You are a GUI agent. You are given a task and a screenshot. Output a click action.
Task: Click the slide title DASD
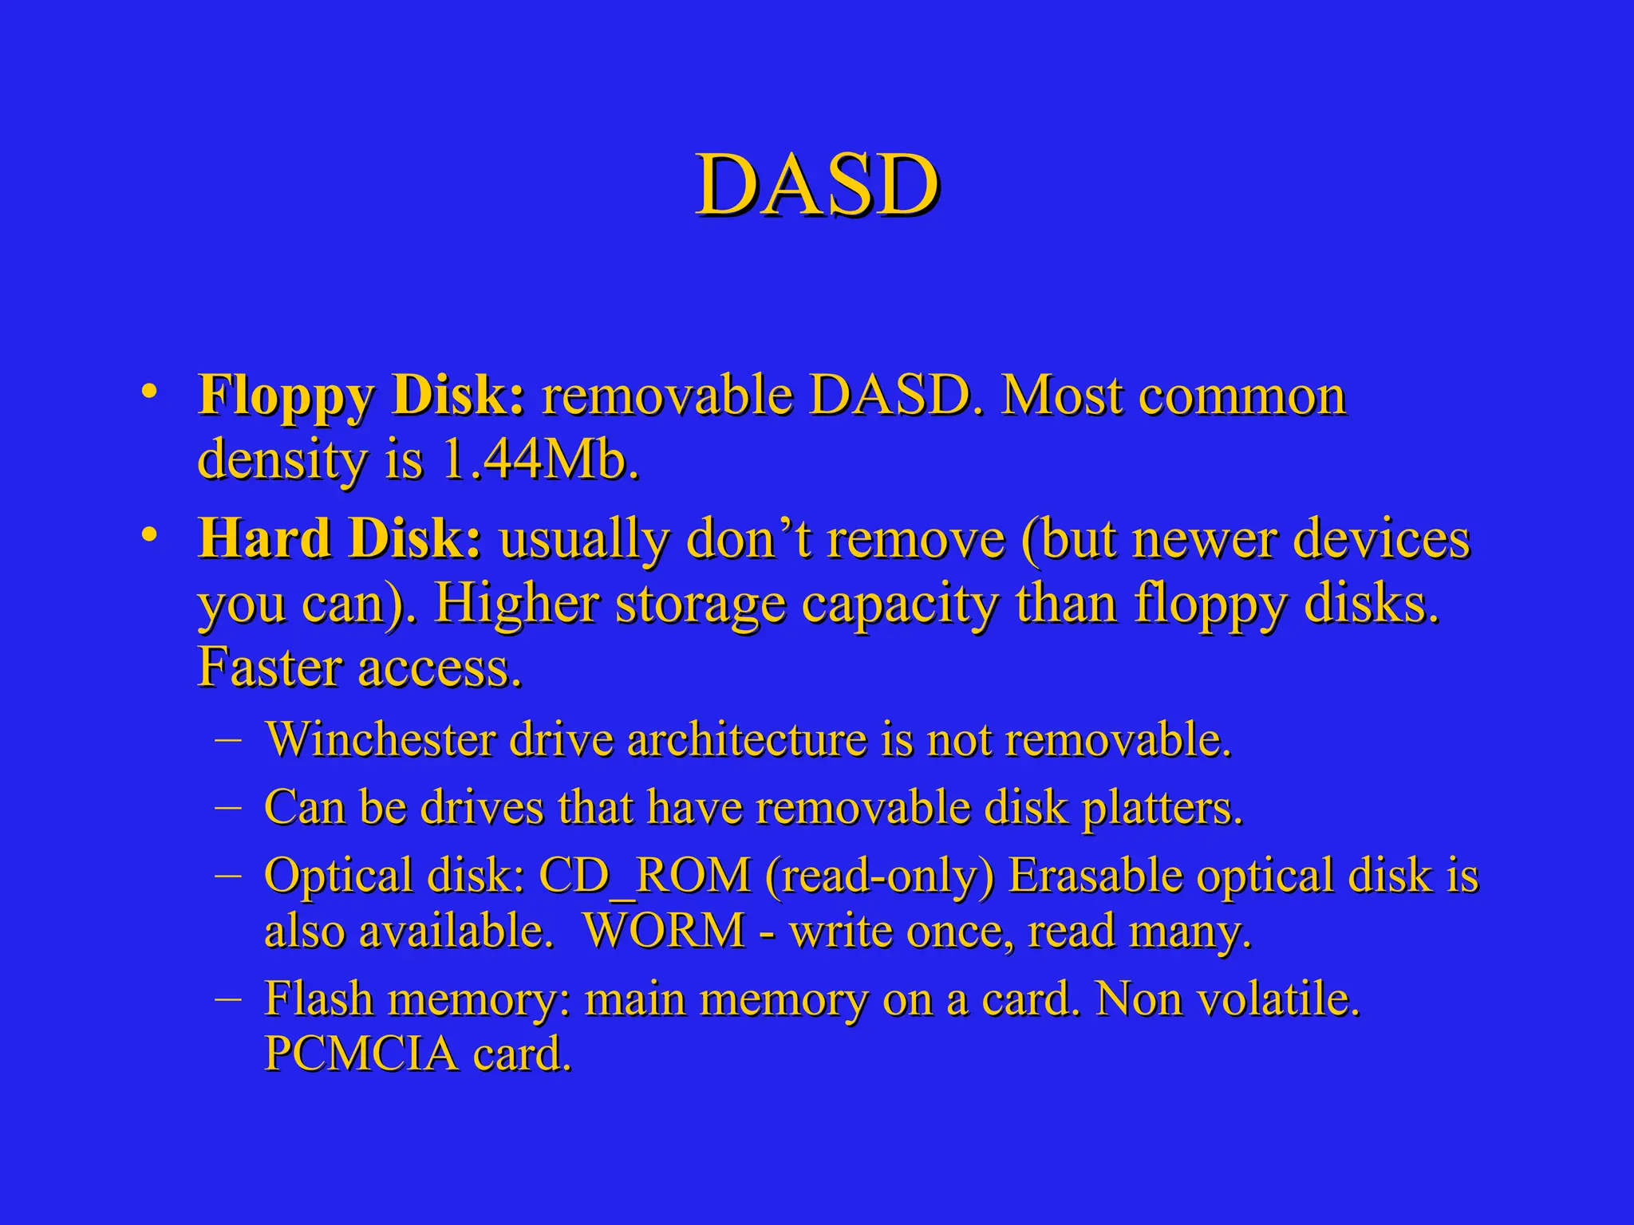817,186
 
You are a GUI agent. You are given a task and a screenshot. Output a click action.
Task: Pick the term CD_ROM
645,876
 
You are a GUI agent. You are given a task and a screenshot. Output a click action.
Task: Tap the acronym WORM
664,931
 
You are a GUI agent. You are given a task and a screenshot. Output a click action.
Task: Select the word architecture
747,739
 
